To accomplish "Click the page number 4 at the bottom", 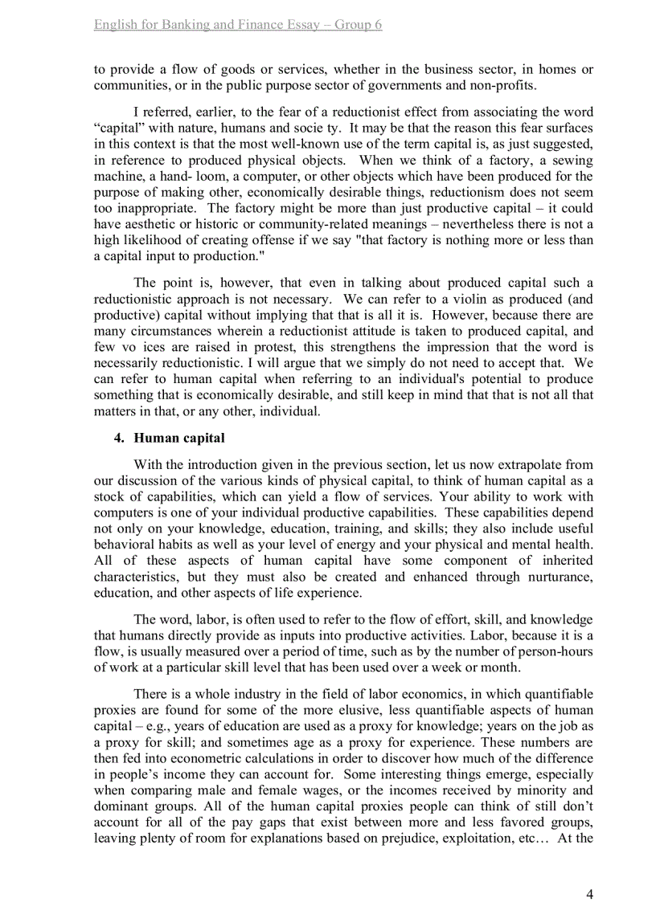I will point(589,871).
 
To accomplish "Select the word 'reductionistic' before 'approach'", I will point(133,299).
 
